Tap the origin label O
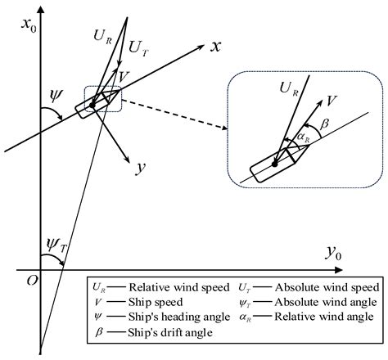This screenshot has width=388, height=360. point(30,280)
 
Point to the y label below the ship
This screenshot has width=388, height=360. point(141,169)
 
